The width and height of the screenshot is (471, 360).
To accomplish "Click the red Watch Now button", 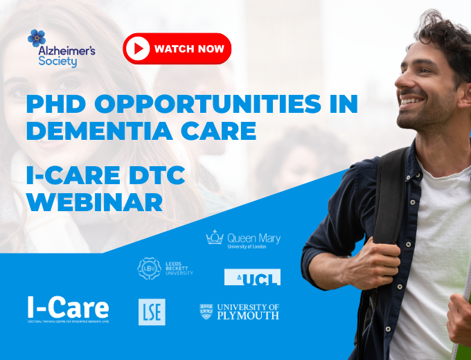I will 177,48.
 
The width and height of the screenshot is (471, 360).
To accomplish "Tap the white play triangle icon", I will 139,48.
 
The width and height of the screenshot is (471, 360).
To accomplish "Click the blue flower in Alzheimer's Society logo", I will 37,38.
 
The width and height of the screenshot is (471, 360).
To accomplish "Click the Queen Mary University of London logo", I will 243,239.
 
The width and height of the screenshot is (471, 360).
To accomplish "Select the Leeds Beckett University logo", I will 165,268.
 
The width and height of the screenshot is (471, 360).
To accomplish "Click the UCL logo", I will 252,278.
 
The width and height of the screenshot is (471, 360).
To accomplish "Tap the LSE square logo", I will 152,312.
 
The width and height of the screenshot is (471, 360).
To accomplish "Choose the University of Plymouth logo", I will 239,312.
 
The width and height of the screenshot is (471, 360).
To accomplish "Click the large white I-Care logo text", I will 68,307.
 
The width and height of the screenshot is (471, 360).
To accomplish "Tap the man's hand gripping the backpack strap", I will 458,318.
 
